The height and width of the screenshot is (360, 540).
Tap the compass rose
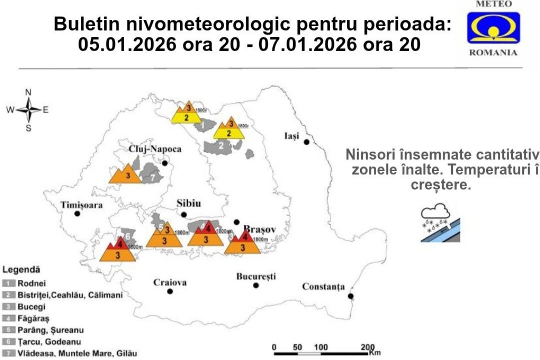(28, 110)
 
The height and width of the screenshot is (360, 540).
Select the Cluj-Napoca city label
(155, 149)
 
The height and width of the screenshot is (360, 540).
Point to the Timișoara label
(81, 205)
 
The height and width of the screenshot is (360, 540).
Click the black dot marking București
(256, 285)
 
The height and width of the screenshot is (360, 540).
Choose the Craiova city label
(170, 283)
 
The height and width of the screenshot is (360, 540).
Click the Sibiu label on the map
(189, 204)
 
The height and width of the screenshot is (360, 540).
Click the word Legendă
(21, 270)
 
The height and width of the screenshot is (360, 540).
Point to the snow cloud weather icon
(440, 223)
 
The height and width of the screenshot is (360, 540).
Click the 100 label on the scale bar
(321, 348)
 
